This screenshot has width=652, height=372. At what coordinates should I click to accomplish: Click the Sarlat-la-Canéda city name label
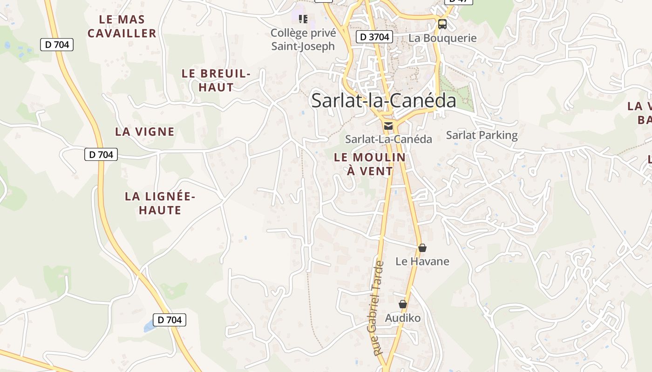point(383,100)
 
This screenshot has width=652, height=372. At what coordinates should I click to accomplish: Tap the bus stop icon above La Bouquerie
point(442,24)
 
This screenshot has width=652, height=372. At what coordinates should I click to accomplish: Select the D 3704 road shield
point(374,37)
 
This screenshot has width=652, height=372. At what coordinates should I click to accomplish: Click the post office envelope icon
point(388,126)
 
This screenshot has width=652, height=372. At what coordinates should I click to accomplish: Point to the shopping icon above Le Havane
point(422,248)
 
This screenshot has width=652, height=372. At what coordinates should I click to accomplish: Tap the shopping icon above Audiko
point(403,304)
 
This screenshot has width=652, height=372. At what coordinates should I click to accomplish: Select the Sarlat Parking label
point(482,135)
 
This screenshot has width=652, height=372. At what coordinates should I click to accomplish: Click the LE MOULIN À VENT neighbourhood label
point(370,164)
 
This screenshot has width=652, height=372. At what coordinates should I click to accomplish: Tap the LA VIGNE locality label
point(145,132)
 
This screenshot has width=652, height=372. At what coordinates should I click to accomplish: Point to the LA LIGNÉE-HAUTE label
point(160,203)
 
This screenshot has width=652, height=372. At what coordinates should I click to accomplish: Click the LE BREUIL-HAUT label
point(216,80)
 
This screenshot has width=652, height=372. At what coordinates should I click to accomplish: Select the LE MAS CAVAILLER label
point(122,27)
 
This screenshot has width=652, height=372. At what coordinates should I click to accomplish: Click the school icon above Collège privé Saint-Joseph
point(303,19)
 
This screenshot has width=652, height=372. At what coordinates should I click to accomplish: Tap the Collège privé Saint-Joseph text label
point(303,40)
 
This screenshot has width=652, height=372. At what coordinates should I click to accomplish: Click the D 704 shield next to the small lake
point(170,320)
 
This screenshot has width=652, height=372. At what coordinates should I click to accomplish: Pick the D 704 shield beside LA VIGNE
point(101,154)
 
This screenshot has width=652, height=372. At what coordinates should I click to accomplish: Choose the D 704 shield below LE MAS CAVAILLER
point(57,45)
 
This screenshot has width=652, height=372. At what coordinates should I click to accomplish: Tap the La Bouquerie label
point(442,38)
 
